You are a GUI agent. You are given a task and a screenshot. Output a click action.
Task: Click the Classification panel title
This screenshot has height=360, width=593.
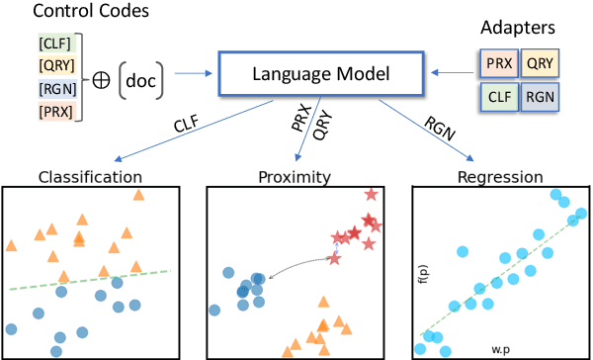coord(89,178)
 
